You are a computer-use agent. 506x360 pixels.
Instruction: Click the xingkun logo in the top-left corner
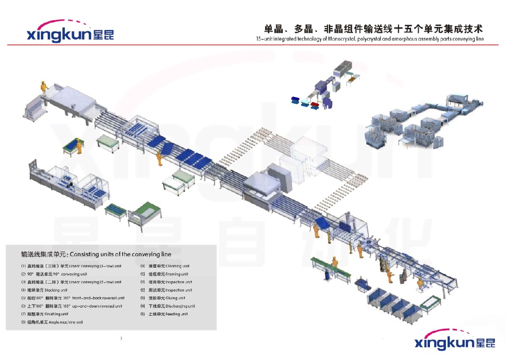pos(70,33)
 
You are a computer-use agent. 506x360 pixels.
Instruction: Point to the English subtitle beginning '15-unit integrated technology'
pos(370,39)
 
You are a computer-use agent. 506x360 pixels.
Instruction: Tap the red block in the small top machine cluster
pos(315,105)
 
